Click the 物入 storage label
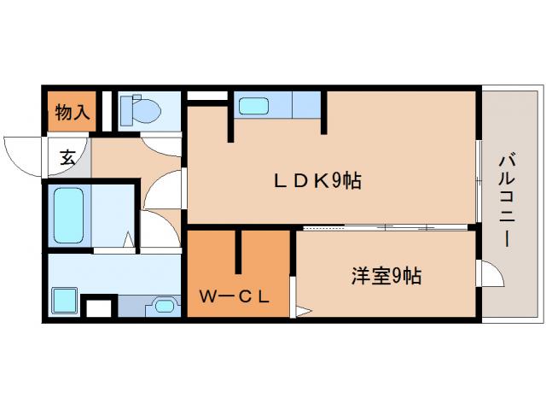(73, 111)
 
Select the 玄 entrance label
(67, 157)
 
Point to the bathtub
(67, 215)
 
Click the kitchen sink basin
(253, 106)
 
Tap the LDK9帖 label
(317, 180)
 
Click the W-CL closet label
(235, 297)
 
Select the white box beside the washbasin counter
(101, 307)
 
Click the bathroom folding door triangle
(129, 242)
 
